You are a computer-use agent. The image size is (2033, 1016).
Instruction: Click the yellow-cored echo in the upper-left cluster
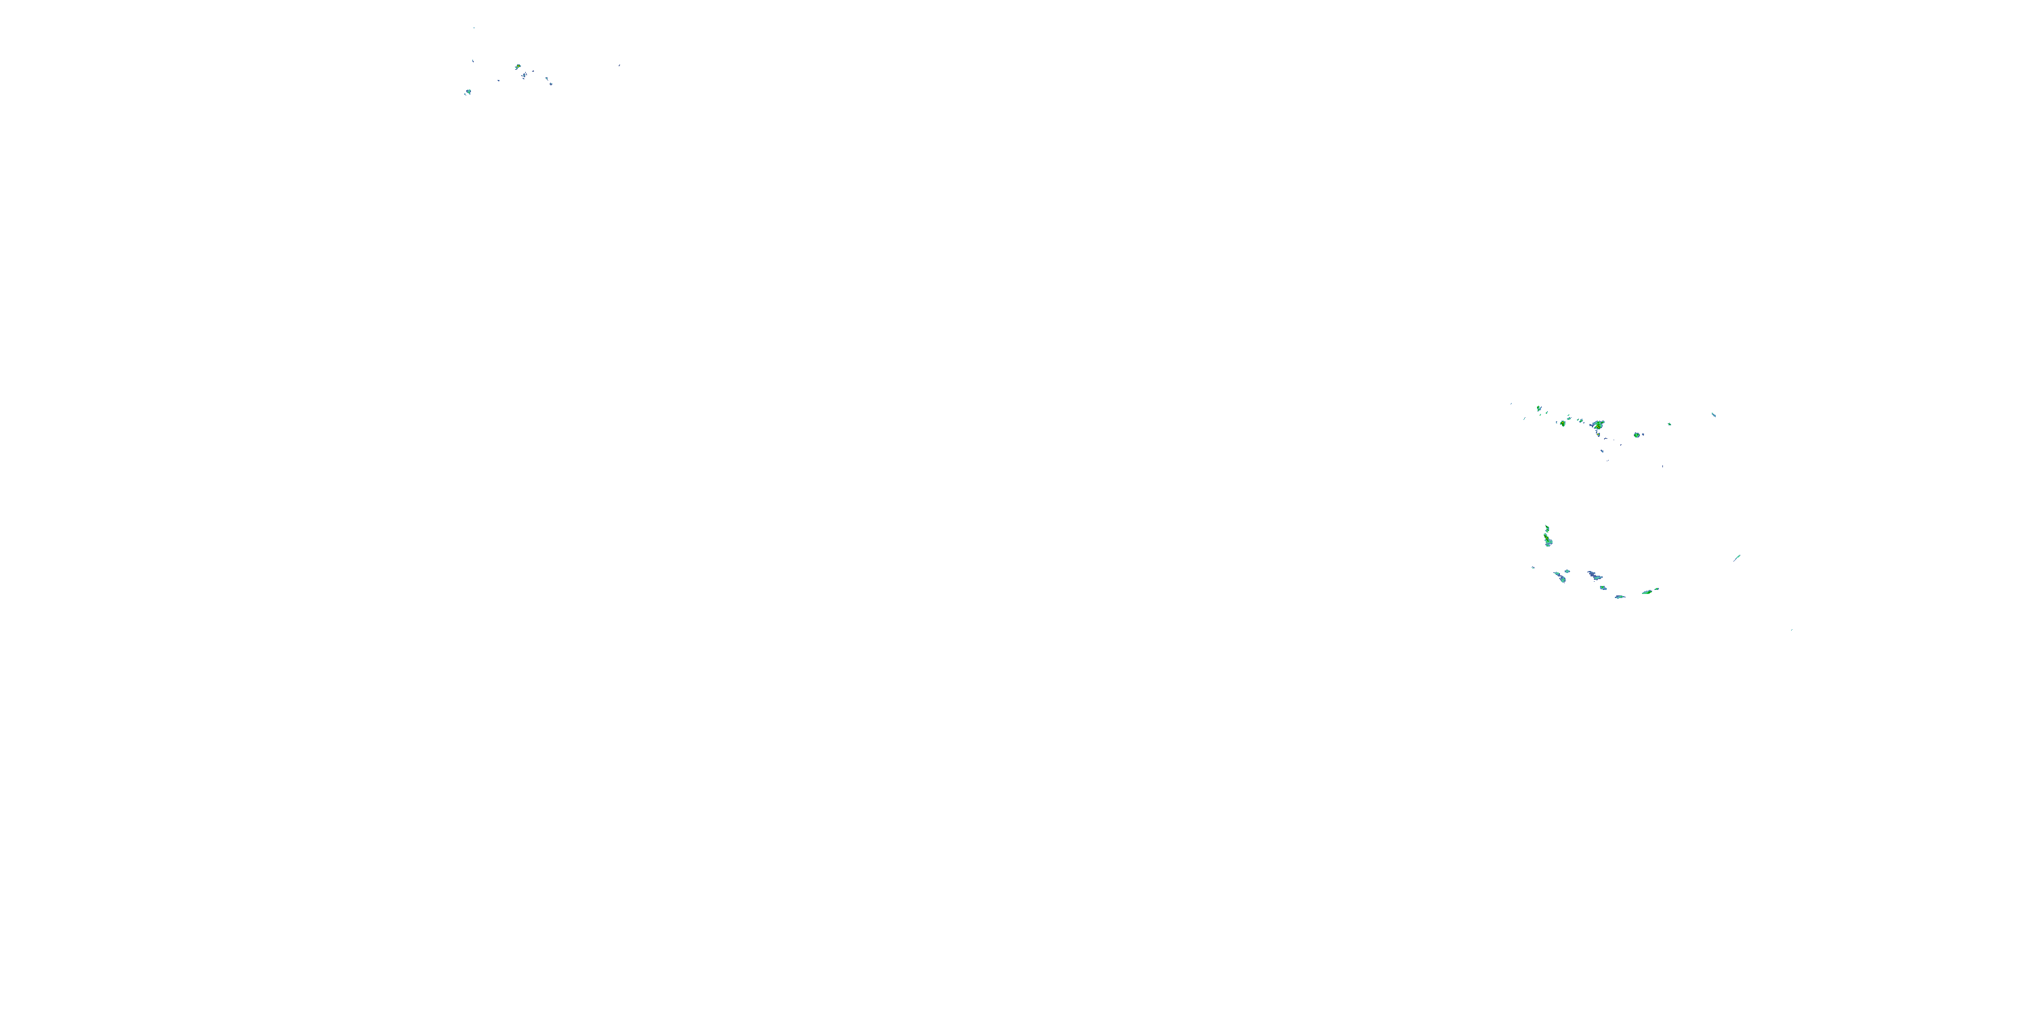pyautogui.click(x=518, y=67)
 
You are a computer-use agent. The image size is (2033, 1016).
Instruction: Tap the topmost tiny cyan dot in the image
pyautogui.click(x=474, y=28)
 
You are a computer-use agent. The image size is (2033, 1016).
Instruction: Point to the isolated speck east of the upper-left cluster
pyautogui.click(x=619, y=66)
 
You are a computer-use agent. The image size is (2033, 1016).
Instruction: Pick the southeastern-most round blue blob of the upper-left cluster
pyautogui.click(x=550, y=82)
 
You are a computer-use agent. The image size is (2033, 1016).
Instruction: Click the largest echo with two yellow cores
pyautogui.click(x=1598, y=426)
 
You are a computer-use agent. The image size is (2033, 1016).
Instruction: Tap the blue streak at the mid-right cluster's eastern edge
pyautogui.click(x=1713, y=414)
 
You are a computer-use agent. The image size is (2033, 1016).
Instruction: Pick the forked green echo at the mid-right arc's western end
pyautogui.click(x=1538, y=408)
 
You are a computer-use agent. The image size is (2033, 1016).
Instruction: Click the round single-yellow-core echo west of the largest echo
pyautogui.click(x=1563, y=423)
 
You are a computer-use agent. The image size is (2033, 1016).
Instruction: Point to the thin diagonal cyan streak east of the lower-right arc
pyautogui.click(x=1737, y=557)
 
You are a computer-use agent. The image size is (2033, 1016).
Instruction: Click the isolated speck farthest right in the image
pyautogui.click(x=1792, y=629)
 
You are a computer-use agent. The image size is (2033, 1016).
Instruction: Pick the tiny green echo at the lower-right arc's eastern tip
pyautogui.click(x=1656, y=589)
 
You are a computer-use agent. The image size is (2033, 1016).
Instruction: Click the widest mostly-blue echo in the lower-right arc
pyautogui.click(x=1594, y=576)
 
